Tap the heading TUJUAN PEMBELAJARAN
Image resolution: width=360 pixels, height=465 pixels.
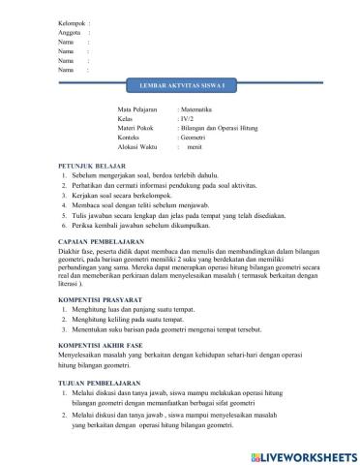[x=100, y=381]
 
